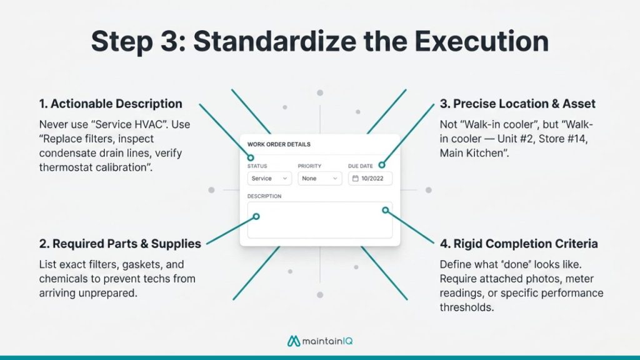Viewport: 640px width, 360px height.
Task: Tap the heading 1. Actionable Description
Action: (111, 104)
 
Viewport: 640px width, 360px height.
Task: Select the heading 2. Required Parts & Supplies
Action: (120, 244)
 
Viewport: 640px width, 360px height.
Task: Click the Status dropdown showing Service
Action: (269, 179)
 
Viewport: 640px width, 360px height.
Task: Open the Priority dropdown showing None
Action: (319, 179)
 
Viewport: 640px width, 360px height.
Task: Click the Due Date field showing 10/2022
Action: (370, 179)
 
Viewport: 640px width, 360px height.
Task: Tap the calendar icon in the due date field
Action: (356, 179)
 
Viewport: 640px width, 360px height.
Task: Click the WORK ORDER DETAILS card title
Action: (279, 144)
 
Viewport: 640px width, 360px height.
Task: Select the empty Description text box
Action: (319, 220)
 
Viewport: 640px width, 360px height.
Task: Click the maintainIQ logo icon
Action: (292, 341)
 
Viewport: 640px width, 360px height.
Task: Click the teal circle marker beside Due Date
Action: (381, 166)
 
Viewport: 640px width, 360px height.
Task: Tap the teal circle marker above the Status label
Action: (251, 157)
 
